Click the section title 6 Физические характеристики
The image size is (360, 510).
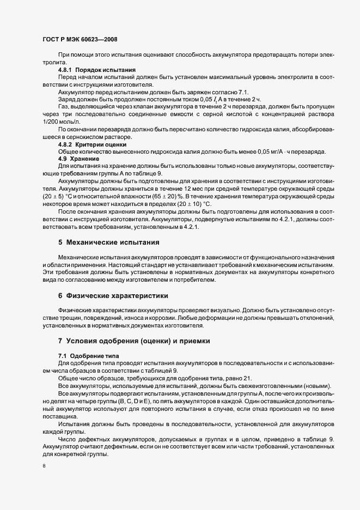pyautogui.click(x=113, y=295)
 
